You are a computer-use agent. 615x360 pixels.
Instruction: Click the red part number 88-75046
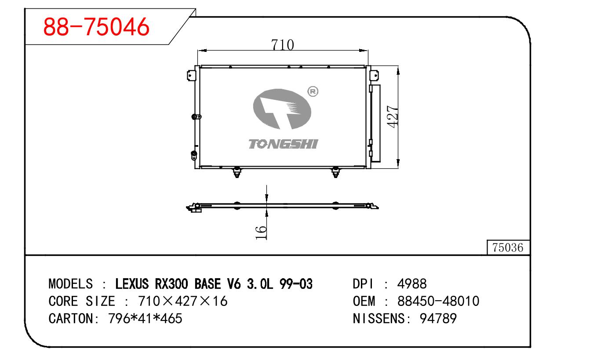tap(96, 27)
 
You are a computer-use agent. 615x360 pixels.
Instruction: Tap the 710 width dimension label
tap(283, 45)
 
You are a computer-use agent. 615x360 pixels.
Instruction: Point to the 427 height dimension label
tap(392, 116)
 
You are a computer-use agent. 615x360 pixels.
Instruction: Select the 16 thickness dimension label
tap(261, 233)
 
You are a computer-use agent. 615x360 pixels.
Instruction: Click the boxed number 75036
tap(508, 247)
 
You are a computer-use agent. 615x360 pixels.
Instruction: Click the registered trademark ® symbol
tap(313, 91)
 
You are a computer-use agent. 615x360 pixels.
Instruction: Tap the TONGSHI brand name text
tap(283, 144)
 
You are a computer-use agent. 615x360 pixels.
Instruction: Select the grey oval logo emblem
tap(282, 109)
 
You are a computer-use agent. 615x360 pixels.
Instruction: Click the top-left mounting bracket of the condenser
tap(191, 75)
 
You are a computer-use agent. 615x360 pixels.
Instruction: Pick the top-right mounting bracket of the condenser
tap(375, 75)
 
